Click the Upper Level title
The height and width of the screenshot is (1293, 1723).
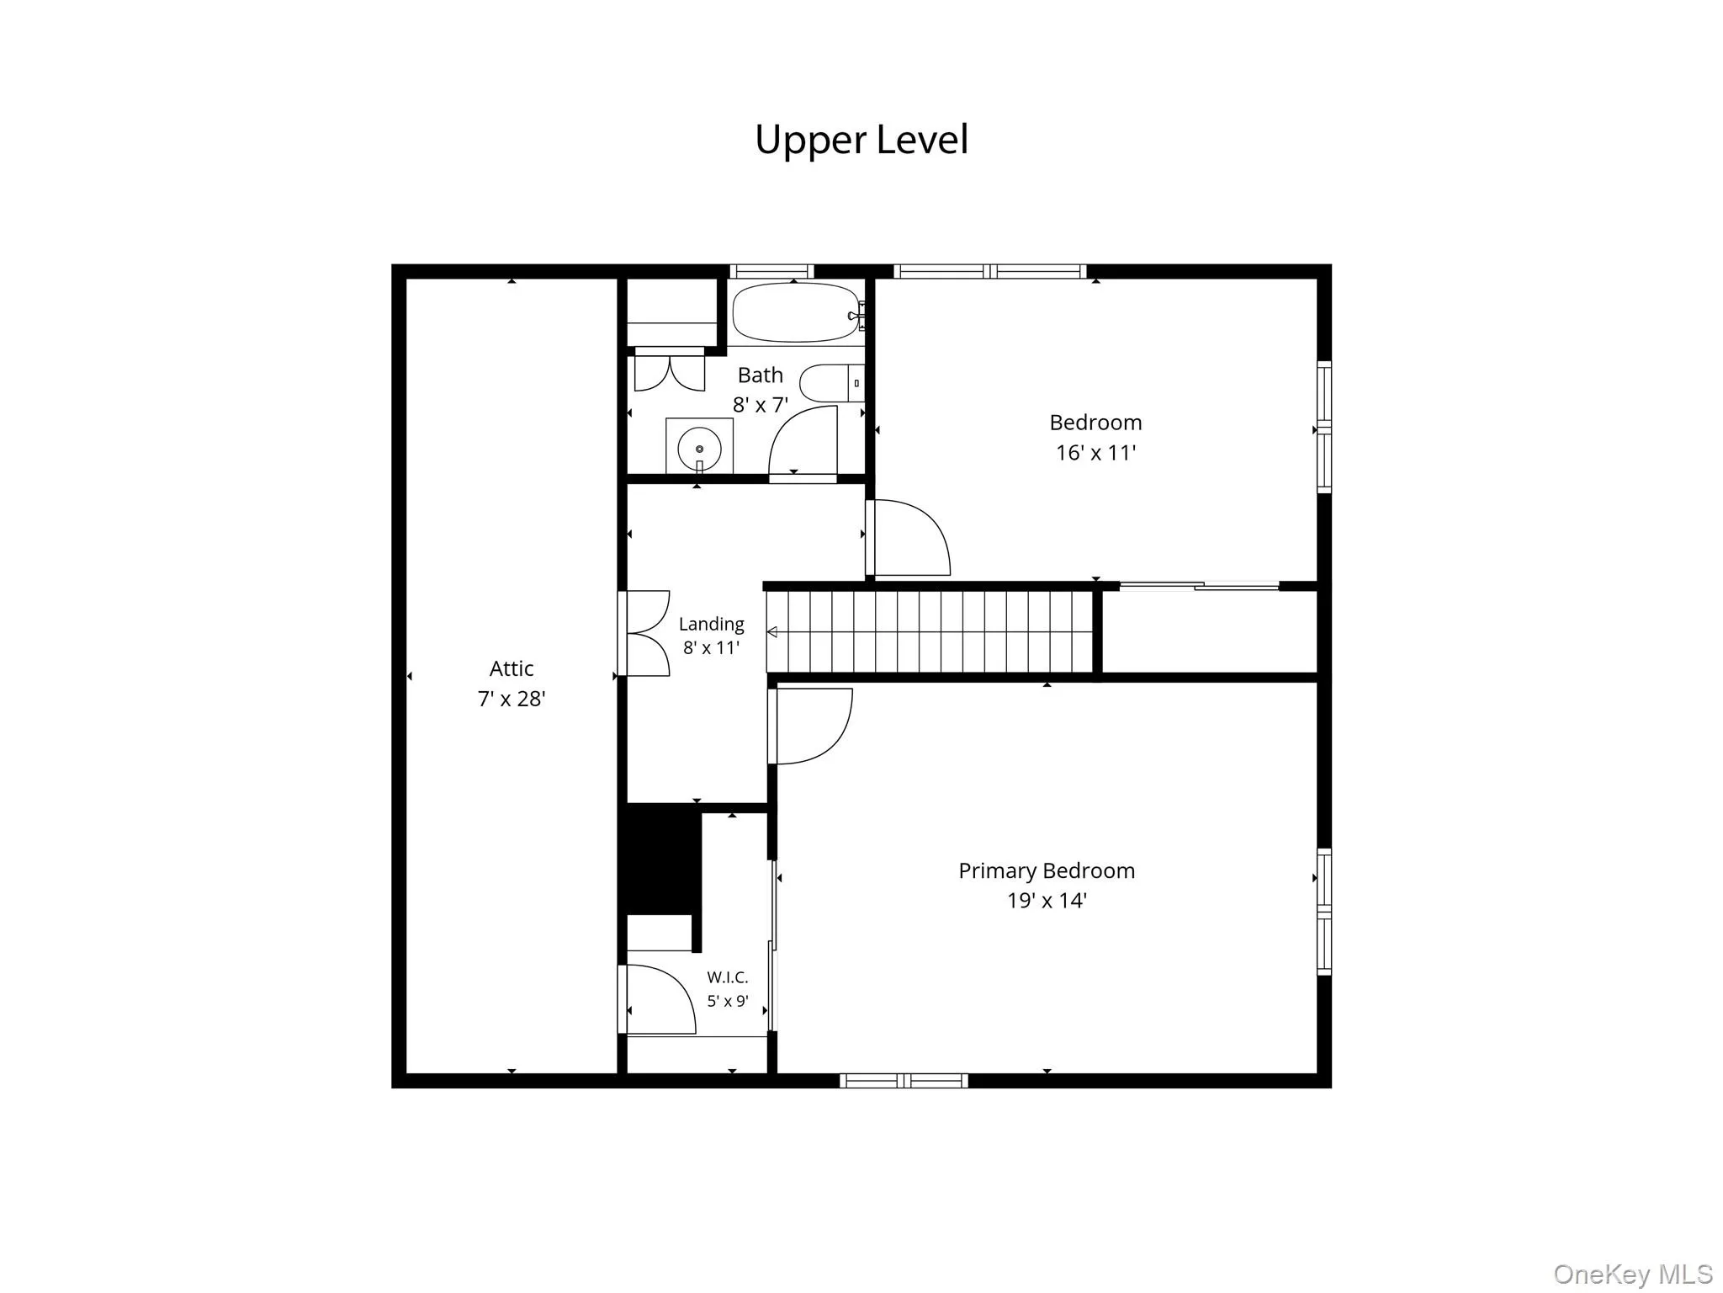[861, 140]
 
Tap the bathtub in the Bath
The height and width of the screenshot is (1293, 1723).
[797, 312]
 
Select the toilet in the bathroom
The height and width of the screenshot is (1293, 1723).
[831, 383]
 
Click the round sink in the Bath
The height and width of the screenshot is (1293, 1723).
[699, 448]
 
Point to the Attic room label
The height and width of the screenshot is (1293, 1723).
[512, 668]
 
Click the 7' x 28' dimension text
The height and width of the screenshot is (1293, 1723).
[512, 699]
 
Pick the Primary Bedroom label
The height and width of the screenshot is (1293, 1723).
[1047, 870]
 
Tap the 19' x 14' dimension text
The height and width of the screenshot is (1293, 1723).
[1047, 901]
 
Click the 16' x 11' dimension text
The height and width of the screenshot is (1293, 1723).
[1095, 453]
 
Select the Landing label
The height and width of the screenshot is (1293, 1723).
[712, 624]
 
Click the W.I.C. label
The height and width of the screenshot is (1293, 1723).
[728, 977]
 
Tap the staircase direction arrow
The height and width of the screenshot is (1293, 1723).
[771, 632]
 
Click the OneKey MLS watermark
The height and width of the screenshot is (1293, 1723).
[1633, 1274]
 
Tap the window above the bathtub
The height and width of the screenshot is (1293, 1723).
[771, 271]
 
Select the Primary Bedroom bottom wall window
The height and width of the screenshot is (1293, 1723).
[904, 1080]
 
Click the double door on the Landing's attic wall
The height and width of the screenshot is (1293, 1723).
[644, 633]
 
